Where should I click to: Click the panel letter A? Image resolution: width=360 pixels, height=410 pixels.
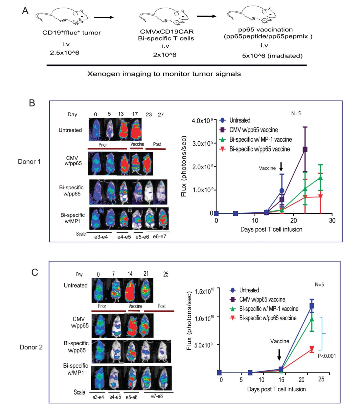pos(25,11)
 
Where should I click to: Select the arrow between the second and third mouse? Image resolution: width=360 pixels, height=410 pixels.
pos(207,16)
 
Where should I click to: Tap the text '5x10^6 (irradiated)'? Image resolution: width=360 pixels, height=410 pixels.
pos(272,56)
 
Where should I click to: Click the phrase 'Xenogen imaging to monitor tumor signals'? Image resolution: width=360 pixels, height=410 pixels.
pos(164,74)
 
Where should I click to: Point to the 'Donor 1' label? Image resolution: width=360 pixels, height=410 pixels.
pos(29,162)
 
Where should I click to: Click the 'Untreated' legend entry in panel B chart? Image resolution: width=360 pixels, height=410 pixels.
pos(240,120)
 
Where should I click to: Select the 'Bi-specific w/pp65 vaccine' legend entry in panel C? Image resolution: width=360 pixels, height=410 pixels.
pos(268,318)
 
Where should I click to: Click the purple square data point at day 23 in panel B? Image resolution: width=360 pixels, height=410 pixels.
pos(305,149)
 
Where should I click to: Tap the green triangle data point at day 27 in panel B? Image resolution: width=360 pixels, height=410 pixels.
pos(320,178)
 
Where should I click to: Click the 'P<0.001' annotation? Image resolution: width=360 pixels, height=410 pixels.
pos(326,356)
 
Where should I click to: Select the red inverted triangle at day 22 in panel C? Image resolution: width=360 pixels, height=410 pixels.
pos(312,349)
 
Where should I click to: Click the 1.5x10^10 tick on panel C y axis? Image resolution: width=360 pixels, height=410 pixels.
pos(204,291)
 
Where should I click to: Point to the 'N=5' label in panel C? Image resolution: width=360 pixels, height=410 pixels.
pos(319,285)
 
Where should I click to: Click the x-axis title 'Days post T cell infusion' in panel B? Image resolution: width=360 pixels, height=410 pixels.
pos(271,229)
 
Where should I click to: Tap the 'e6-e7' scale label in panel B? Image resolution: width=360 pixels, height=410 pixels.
pos(159,237)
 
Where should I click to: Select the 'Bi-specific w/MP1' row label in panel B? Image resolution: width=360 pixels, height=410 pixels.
pos(73,218)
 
